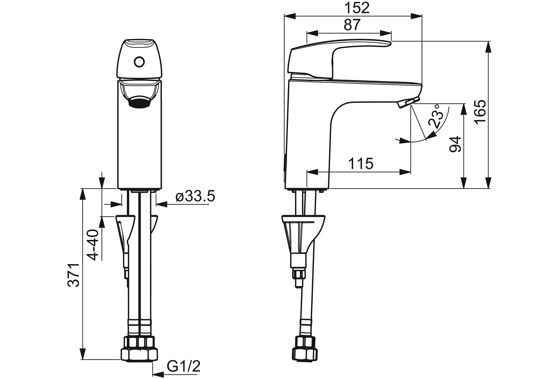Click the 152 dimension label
point(357,8)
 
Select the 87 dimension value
point(352,25)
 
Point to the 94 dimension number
point(455,144)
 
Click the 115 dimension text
point(361,164)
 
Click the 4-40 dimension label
point(93,245)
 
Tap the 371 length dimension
point(73,275)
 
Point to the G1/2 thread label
point(184,366)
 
